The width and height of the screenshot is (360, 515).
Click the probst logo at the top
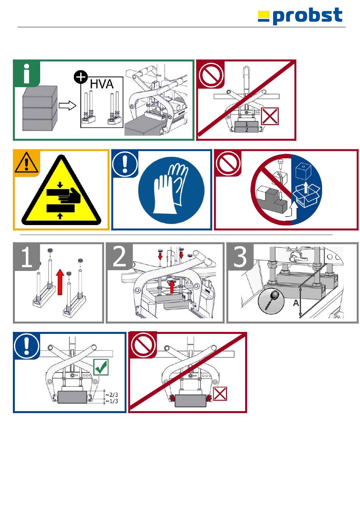pos(300,17)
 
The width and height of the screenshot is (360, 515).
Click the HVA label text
pos(102,84)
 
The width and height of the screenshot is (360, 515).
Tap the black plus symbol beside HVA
pos(81,77)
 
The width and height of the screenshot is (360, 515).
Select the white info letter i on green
pos(27,74)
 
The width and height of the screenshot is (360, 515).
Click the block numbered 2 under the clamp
pos(247,130)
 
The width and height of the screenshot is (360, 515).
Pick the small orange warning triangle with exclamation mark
pos(26,163)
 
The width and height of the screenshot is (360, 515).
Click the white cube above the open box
pos(303,172)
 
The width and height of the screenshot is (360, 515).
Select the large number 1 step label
pos(26,258)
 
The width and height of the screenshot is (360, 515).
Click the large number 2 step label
pos(119,257)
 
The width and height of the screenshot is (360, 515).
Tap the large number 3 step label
pos(240,257)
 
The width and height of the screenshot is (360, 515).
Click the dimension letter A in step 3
pos(296,303)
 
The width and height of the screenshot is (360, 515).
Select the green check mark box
pos(101,367)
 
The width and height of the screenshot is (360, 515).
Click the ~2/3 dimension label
pos(111,395)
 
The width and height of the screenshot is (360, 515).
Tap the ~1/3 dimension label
pos(111,401)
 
